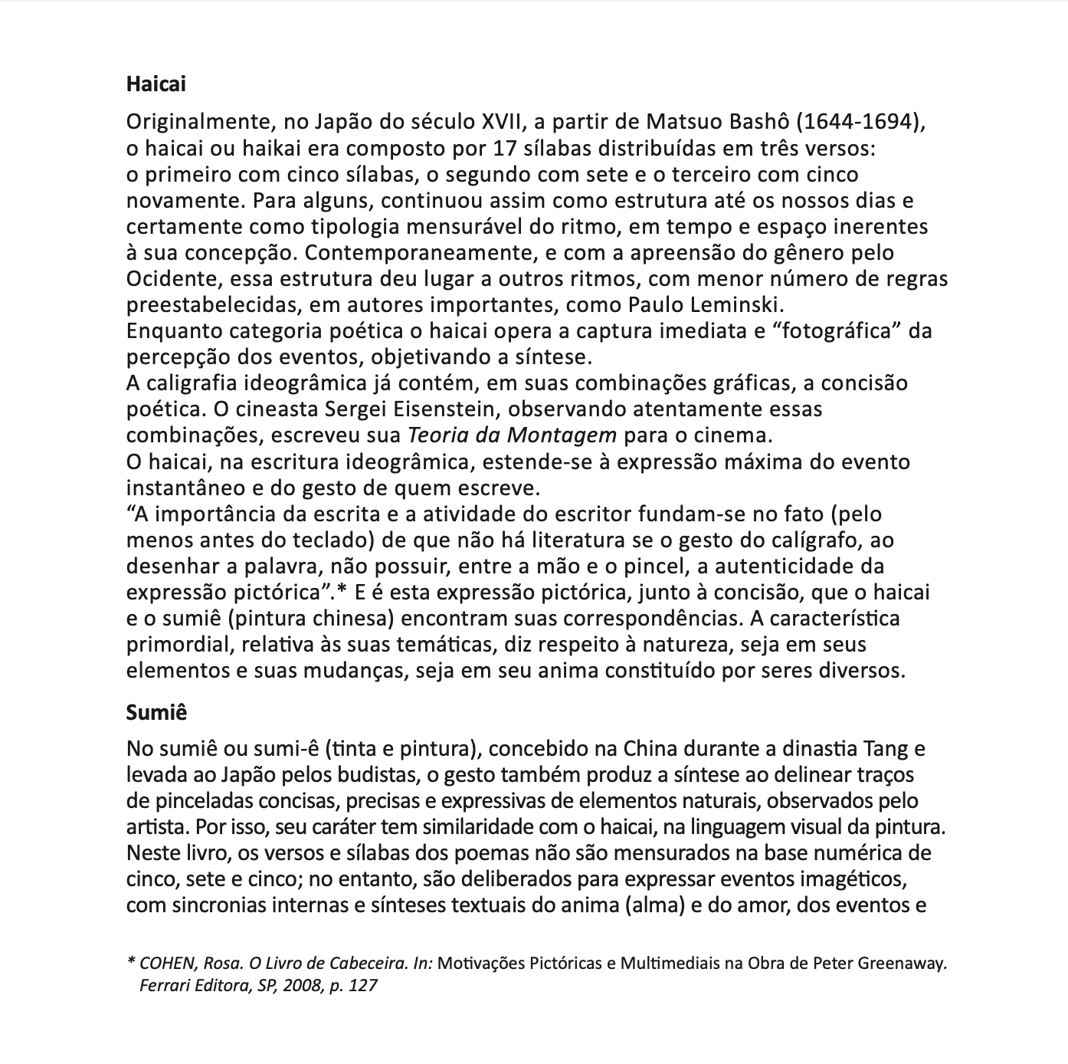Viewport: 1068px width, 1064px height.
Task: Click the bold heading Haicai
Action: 156,84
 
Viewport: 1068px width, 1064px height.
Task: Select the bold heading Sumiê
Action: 156,712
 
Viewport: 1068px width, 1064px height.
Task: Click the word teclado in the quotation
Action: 333,540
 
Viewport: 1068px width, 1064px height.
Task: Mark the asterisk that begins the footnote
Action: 131,962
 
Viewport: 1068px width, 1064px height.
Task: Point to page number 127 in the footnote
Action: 363,985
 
